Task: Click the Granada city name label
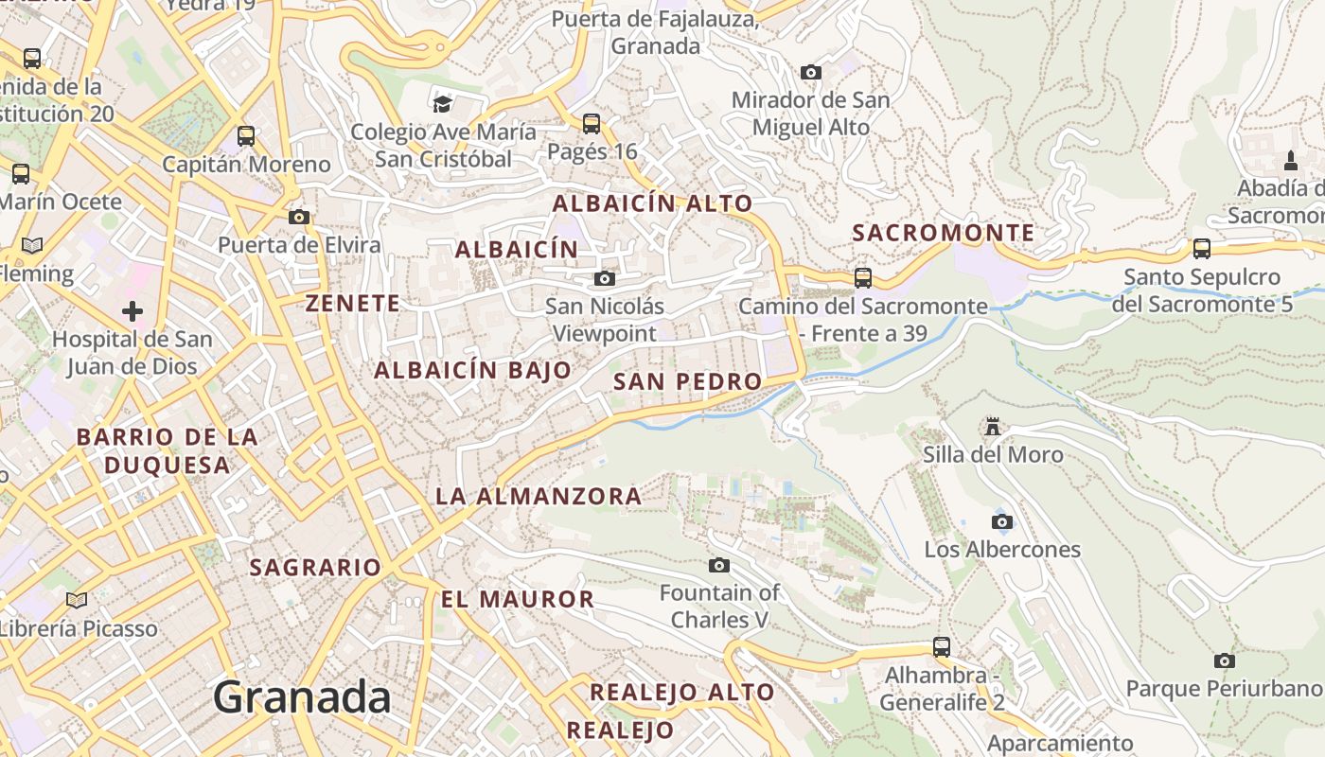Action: [301, 698]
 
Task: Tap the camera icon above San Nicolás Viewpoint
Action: [604, 278]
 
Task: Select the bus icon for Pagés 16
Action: [592, 123]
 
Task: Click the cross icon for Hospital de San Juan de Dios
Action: [132, 310]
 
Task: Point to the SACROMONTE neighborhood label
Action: [944, 233]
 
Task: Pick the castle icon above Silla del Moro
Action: [992, 427]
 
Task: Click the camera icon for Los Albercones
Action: [1001, 521]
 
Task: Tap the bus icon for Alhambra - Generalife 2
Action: [941, 647]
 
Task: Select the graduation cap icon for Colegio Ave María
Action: [442, 104]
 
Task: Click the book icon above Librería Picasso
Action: [77, 600]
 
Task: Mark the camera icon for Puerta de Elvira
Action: [299, 217]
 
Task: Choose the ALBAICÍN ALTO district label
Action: [652, 203]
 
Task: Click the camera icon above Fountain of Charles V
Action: [719, 565]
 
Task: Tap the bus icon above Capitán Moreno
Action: [246, 136]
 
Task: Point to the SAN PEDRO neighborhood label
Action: [687, 381]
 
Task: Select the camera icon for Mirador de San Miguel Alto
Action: [810, 72]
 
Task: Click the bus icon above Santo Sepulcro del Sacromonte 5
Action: [1201, 249]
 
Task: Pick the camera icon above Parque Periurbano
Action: [1224, 660]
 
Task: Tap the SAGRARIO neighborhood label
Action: [315, 568]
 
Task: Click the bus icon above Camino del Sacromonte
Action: [862, 278]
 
